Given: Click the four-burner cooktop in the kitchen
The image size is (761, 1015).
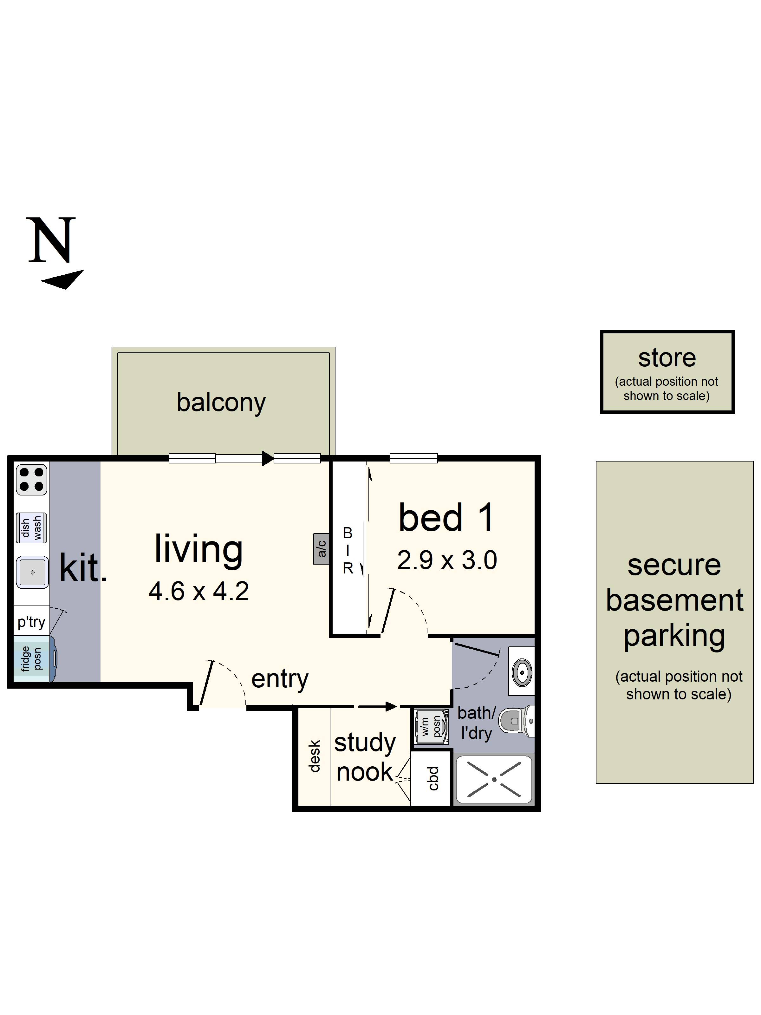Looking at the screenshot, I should pos(31,480).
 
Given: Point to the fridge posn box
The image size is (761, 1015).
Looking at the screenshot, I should pos(31,659).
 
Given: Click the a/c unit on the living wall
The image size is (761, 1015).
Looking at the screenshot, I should pos(322,548).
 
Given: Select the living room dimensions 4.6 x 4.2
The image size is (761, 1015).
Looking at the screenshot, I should pos(198,591).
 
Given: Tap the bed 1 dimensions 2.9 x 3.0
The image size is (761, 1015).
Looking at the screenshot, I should pos(447,560).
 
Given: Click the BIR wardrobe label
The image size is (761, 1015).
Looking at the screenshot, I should pos(348,551).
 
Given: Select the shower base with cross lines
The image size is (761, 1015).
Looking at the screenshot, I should pos(494,779).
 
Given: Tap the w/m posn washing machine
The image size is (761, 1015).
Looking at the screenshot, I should pos(431,726).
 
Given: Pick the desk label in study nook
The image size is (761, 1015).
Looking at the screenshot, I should pos(314,756).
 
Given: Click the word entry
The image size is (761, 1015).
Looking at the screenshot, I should pos(280,679).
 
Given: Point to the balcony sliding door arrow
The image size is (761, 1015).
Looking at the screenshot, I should pos(267,458).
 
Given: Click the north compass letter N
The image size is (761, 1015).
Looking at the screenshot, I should pos(51,240).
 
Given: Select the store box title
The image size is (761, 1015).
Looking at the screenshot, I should pos(667,358).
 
